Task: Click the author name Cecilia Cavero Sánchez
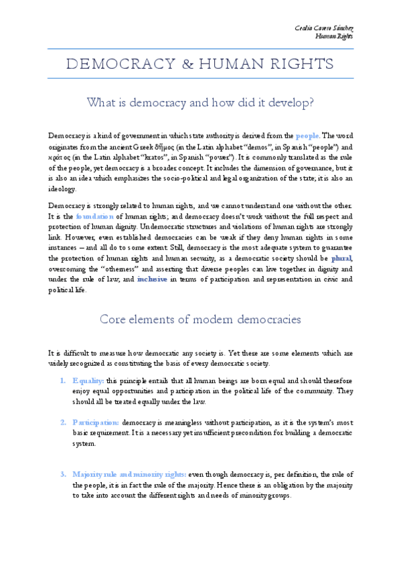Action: point(324,25)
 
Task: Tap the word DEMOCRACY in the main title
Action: point(115,64)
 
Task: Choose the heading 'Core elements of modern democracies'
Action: point(201,320)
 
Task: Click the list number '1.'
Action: point(62,380)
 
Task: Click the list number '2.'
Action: point(62,423)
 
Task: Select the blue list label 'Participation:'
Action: point(96,423)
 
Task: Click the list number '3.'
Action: point(62,474)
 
